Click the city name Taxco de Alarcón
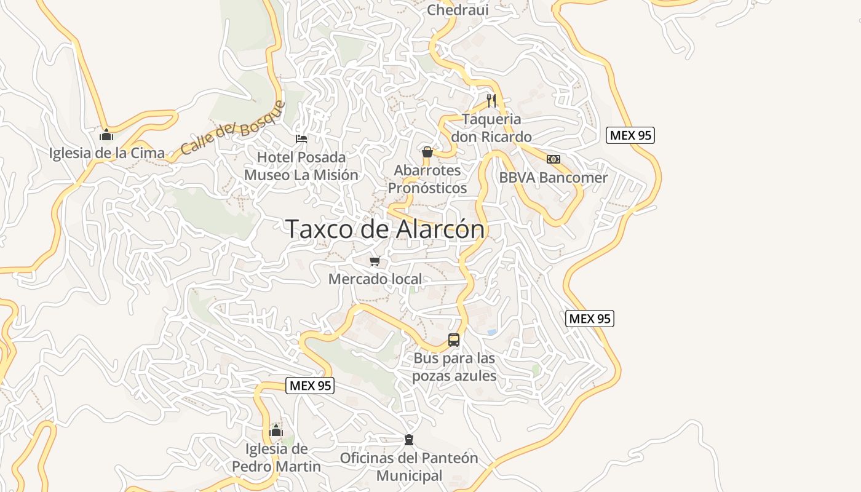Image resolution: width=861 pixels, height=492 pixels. [386, 229]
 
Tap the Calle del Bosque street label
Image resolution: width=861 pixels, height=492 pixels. [234, 128]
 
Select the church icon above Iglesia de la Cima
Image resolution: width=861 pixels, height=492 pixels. [106, 134]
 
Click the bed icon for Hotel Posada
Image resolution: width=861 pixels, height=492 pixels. [301, 138]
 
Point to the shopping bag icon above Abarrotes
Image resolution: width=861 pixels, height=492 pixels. [427, 151]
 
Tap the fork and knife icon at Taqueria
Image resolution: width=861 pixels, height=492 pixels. [491, 100]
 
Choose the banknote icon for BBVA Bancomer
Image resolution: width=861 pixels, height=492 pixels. [553, 159]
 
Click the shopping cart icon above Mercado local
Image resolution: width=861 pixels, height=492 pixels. [375, 261]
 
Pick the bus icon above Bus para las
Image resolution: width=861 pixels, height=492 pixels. [454, 339]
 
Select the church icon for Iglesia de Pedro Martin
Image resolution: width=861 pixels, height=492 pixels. [276, 430]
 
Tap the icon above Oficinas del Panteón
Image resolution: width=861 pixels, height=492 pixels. [408, 440]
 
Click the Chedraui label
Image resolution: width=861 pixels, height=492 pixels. [458, 10]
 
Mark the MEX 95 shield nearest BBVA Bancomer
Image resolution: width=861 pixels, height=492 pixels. [630, 135]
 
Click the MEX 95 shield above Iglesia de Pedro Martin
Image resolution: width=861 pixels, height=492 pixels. [310, 386]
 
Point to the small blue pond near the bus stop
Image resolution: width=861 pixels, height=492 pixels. [492, 331]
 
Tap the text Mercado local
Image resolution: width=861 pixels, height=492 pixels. [375, 279]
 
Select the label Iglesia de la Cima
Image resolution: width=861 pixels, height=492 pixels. [107, 153]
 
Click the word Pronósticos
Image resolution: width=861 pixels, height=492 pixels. [427, 188]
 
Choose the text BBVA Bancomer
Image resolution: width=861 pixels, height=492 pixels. [553, 178]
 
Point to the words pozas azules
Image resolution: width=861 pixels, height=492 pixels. [454, 376]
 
